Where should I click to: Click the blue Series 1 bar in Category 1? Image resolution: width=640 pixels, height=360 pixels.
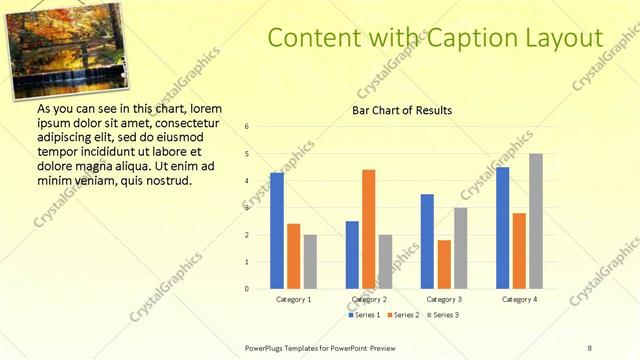[x=277, y=231]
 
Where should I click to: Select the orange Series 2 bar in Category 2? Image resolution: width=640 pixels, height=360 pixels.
[x=368, y=229]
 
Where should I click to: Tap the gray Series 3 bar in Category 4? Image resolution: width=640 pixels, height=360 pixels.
[x=536, y=221]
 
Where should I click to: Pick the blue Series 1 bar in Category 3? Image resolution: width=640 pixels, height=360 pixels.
[x=427, y=241]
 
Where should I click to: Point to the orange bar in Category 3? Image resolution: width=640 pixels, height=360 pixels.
[x=444, y=264]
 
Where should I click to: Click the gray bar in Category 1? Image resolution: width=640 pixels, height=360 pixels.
[x=310, y=262]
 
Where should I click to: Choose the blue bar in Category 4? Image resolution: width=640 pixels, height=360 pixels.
[x=502, y=228]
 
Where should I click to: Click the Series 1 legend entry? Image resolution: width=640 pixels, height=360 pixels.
[x=365, y=315]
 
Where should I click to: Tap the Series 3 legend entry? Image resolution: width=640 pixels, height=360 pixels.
[x=441, y=315]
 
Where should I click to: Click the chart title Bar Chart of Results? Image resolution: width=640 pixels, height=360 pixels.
[x=402, y=110]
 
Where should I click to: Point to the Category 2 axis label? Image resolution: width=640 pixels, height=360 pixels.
[x=369, y=299]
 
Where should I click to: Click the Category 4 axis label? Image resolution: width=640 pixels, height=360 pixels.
[x=519, y=299]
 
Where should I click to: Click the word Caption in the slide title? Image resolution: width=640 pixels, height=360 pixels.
[x=468, y=38]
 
